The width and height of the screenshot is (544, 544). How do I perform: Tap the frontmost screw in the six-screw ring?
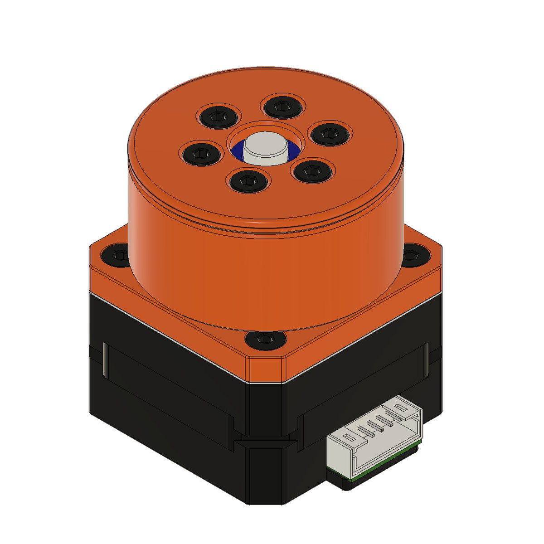tap(248, 180)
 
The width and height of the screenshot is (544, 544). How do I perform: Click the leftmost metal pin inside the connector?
tap(362, 429)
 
